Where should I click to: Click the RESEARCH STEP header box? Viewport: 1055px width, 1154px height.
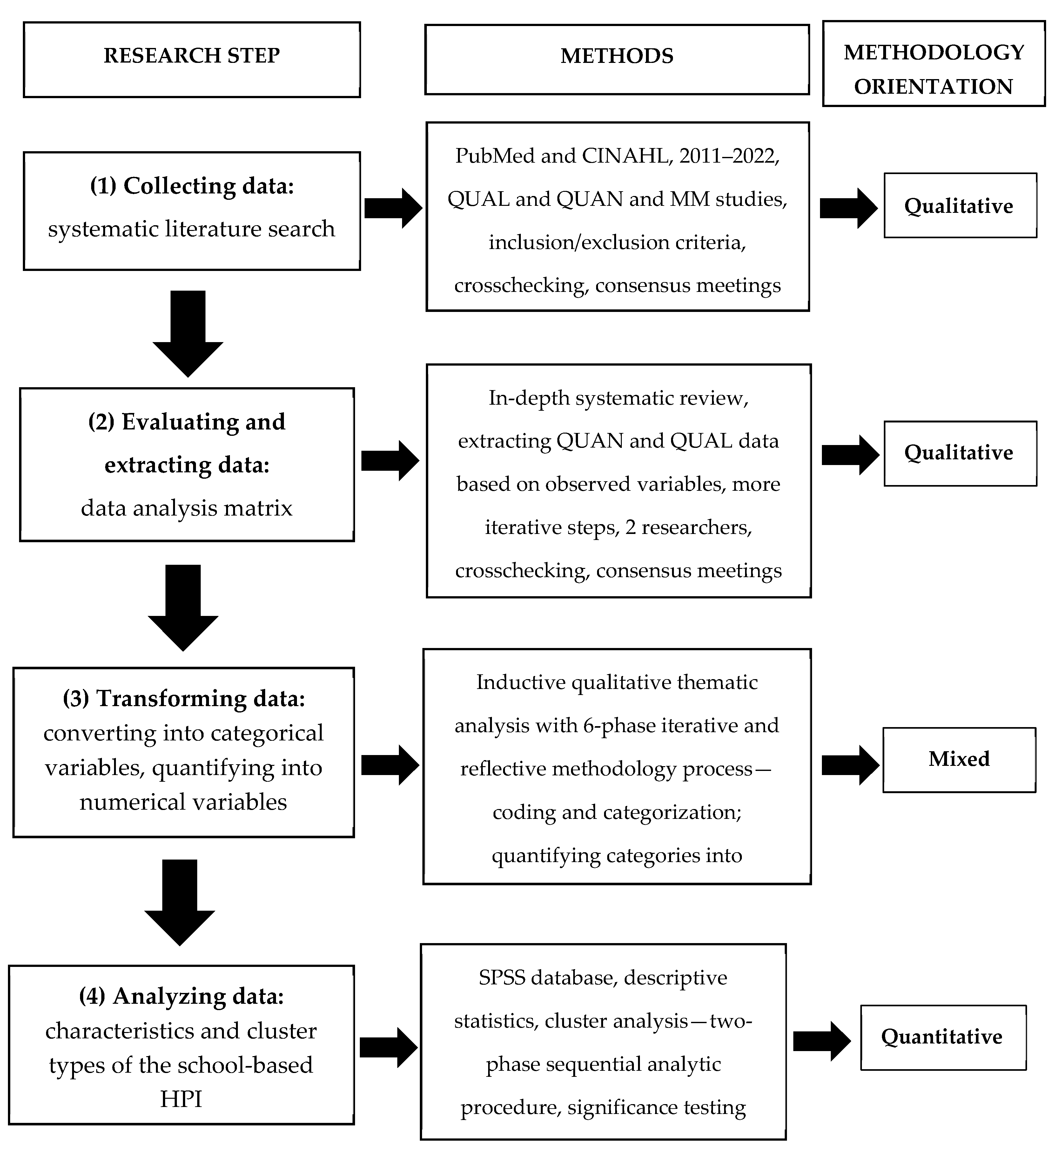192,59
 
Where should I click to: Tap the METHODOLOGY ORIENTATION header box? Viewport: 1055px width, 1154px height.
934,64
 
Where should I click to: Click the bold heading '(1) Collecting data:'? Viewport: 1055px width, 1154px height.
192,186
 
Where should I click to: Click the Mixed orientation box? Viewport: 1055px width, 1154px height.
959,759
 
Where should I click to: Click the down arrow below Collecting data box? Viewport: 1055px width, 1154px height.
188,333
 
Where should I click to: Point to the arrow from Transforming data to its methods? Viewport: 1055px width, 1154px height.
390,765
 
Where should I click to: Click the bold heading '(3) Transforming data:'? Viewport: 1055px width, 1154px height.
184,698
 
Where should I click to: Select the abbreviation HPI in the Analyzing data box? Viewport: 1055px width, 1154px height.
181,1099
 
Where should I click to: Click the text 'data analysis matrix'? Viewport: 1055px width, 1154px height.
187,508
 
